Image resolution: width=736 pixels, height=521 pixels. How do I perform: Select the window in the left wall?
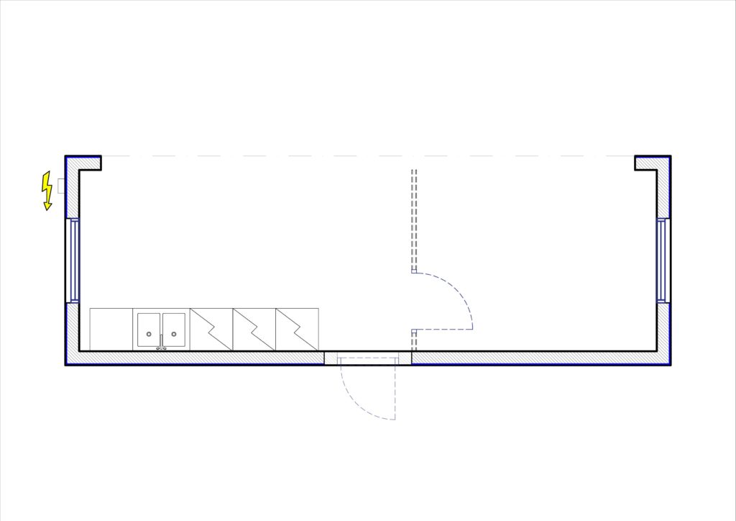point(73,260)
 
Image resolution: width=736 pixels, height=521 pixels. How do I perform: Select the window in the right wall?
point(663,260)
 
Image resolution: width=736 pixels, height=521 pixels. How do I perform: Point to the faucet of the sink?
point(161,348)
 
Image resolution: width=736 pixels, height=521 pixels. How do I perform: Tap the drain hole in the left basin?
point(149,334)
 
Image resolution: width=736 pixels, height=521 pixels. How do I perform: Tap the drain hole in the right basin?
point(173,334)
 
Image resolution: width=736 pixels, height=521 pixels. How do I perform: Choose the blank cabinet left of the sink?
point(111,330)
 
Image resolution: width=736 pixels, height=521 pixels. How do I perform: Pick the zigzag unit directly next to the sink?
point(211,330)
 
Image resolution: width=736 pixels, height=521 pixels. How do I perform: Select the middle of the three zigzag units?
point(254,330)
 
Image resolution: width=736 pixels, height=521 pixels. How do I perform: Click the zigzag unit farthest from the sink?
point(297,330)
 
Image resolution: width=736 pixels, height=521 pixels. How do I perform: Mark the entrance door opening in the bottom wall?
point(368,358)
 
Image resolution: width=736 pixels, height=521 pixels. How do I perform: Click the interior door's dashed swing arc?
point(460,295)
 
